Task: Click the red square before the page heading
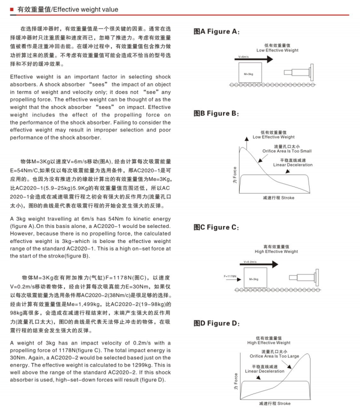point(11,9)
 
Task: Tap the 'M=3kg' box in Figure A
point(250,73)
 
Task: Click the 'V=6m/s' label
point(245,57)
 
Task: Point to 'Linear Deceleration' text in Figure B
point(293,165)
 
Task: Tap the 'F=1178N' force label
point(230,275)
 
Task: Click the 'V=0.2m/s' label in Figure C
point(250,261)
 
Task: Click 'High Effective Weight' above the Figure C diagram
point(276,251)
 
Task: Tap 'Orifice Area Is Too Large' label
point(274,356)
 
